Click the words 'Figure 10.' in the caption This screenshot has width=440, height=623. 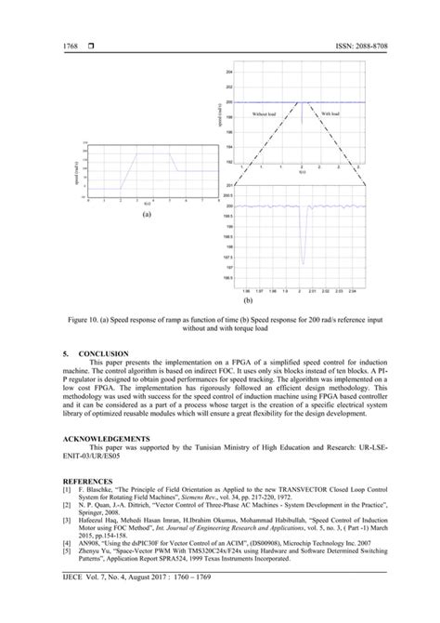[x=86, y=319]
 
